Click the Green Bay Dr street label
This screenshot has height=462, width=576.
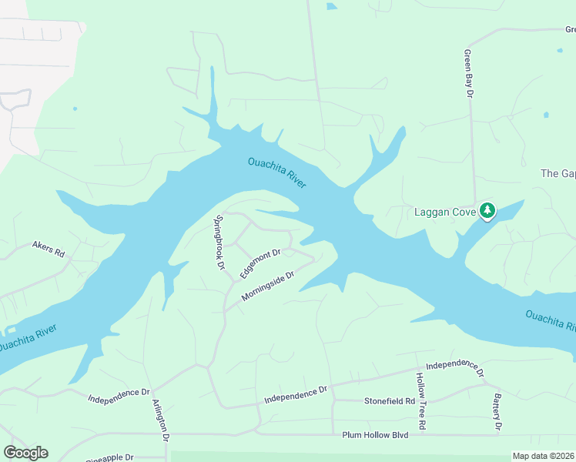(x=467, y=74)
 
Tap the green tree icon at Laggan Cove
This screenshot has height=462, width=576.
(x=487, y=209)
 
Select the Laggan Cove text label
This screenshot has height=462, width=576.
(x=444, y=212)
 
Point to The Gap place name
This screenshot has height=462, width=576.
(x=558, y=173)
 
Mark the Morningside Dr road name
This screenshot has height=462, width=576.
(x=268, y=286)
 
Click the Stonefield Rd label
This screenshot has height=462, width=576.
(x=390, y=401)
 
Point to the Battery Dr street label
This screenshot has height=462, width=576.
(x=497, y=414)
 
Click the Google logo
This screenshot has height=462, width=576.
(x=25, y=453)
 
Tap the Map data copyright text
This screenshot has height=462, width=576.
(x=544, y=456)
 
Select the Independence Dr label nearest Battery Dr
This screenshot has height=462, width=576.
(x=454, y=369)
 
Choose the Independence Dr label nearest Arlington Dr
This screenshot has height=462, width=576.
(x=119, y=396)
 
